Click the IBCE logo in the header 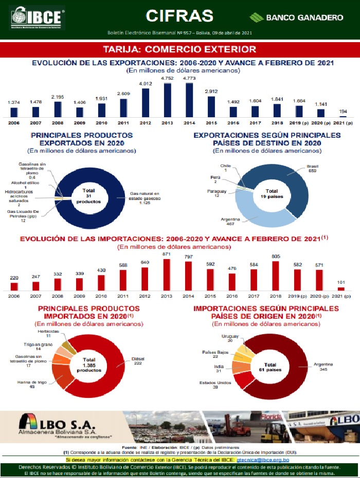37,17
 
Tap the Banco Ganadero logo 296,17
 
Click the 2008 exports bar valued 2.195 58,109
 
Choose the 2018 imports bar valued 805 276,277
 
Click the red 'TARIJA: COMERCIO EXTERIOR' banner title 179,49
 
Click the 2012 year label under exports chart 145,123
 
